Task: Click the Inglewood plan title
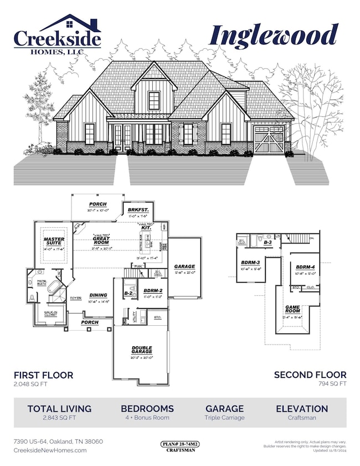(274, 35)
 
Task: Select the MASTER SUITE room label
(54, 242)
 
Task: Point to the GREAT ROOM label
(101, 242)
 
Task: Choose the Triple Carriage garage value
(225, 417)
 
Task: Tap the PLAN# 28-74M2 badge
(180, 444)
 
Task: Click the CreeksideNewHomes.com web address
(50, 450)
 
